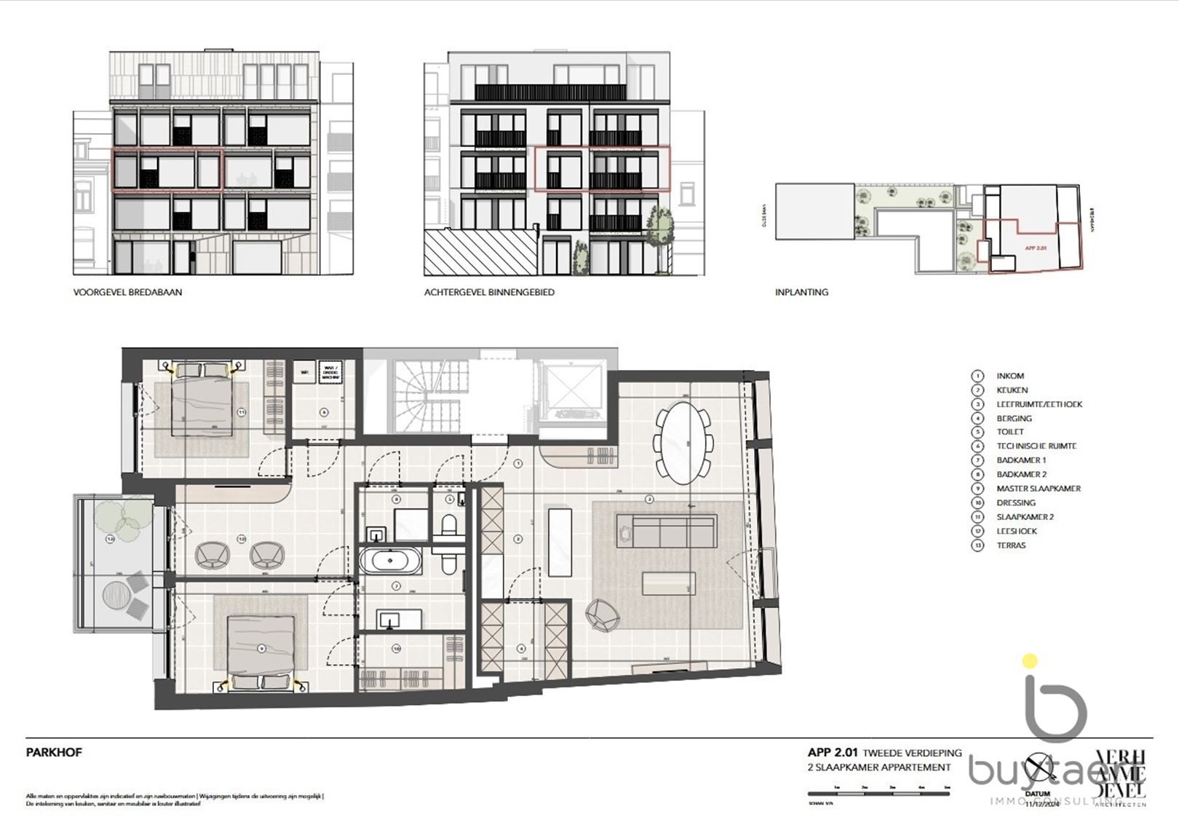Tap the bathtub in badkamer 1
coord(391,561)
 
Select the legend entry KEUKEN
coord(1012,390)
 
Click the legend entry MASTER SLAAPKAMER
coord(1039,489)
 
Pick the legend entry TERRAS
coord(1011,545)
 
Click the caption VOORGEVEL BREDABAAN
coord(127,292)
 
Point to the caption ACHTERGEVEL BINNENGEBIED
coord(489,292)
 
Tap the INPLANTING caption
coord(801,292)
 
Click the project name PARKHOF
coord(54,752)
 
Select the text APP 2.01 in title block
coord(833,753)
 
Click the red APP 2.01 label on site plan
coord(1035,248)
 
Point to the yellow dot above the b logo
coord(1029,661)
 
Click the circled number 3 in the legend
coord(978,404)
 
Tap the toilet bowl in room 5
coord(448,527)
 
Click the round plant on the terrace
coord(122,517)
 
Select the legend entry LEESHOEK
coord(1017,531)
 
